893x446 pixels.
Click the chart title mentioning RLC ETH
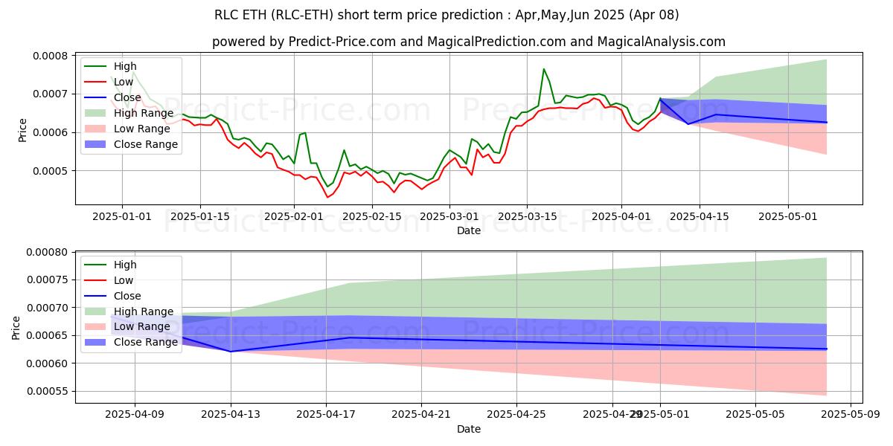point(446,15)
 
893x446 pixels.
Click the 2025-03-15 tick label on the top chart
point(527,216)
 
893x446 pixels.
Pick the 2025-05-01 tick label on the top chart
point(788,216)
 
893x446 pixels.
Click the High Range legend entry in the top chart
point(141,113)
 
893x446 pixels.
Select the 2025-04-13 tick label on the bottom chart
point(231,415)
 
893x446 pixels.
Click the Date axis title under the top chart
point(469,230)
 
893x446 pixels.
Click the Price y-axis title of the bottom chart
point(17,327)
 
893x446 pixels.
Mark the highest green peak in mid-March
point(544,69)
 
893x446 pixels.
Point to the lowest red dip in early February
point(327,197)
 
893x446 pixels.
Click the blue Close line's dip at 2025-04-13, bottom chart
point(231,351)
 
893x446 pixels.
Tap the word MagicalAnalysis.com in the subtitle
point(644,42)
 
